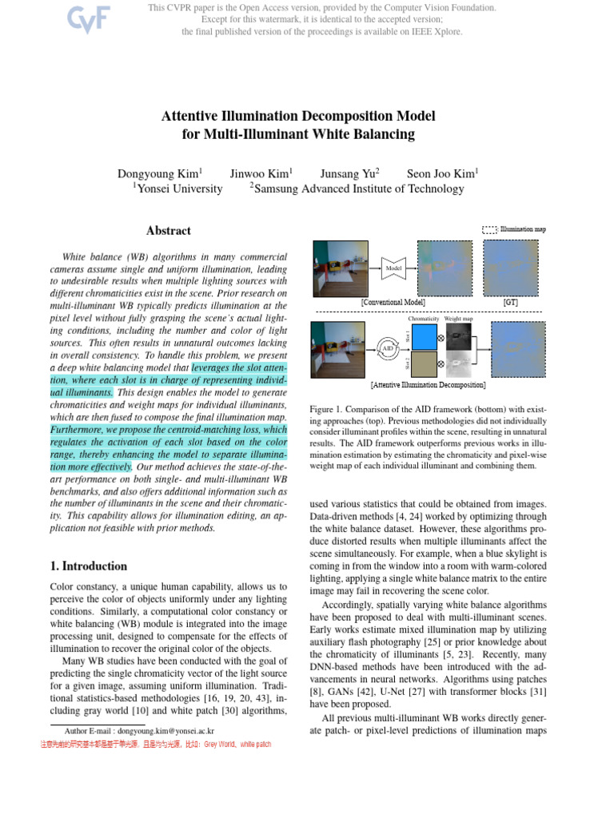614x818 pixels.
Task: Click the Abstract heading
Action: click(168, 231)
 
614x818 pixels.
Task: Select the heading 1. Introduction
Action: click(88, 566)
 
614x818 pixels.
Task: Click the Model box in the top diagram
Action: click(393, 269)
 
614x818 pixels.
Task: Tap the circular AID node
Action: click(387, 348)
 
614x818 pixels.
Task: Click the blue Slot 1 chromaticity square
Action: click(425, 336)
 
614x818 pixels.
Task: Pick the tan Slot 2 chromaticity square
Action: click(425, 364)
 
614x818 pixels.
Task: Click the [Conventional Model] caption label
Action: click(393, 303)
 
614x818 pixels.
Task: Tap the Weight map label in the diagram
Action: click(458, 318)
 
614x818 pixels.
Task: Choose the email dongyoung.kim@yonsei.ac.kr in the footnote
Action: click(165, 731)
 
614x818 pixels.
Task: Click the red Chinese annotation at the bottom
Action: click(156, 744)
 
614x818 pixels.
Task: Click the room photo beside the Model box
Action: click(342, 268)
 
